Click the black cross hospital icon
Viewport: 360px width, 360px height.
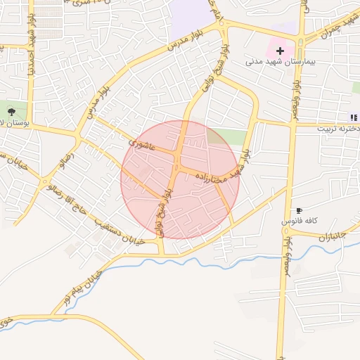coord(281,51)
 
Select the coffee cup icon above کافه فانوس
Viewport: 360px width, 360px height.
coord(299,210)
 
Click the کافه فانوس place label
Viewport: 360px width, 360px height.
coord(300,221)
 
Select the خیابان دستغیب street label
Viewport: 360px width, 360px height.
coord(120,231)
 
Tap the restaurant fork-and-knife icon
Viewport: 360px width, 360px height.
coord(352,117)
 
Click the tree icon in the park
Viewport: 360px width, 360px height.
coord(11,111)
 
